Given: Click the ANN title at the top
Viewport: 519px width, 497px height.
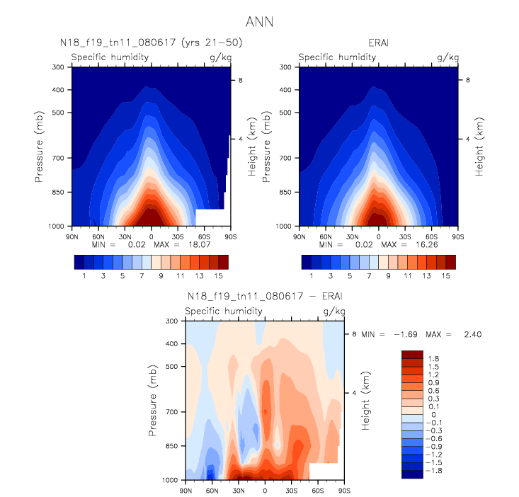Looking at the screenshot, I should coord(258,22).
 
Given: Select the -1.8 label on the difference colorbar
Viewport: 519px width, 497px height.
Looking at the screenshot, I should coord(435,469).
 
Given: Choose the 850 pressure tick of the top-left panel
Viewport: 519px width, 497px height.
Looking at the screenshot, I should coord(59,192).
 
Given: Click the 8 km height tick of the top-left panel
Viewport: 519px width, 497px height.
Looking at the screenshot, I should coord(240,81).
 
